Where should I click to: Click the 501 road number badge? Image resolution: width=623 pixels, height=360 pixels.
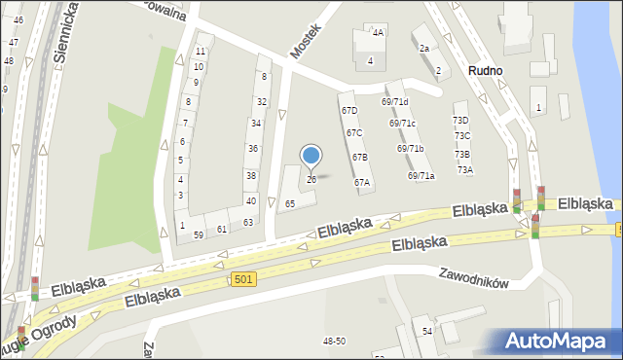coord(244,279)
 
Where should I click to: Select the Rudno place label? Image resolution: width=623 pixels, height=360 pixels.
coord(485,71)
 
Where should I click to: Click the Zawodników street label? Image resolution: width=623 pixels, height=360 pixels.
coord(474,277)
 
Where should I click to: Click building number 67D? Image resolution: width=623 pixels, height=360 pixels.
coord(349,111)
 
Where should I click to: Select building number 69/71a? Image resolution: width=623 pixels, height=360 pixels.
coord(421,175)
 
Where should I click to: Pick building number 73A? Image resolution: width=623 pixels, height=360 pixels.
coord(465,169)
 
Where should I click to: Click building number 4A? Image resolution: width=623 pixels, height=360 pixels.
coord(378,32)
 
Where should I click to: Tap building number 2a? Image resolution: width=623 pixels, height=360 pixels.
coord(423,48)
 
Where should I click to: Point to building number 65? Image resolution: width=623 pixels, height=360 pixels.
coord(290,203)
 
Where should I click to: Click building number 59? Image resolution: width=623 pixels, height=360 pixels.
coord(198,234)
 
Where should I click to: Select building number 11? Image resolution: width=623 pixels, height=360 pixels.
coord(200,51)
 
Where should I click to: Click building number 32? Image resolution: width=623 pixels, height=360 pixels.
coord(261,101)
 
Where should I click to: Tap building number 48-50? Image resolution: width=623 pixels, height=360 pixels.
coord(334,341)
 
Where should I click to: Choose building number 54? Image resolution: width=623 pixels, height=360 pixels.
coord(426,332)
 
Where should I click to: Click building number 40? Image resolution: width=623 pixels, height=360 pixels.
coord(251,200)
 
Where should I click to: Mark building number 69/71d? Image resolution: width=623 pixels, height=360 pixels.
coord(394,102)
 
